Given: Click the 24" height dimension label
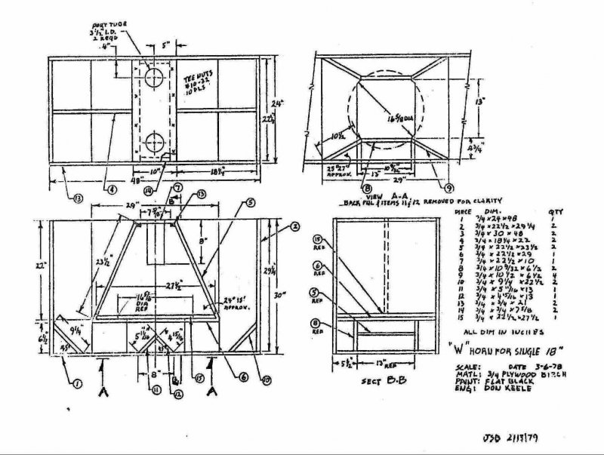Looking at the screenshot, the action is [x=281, y=102].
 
